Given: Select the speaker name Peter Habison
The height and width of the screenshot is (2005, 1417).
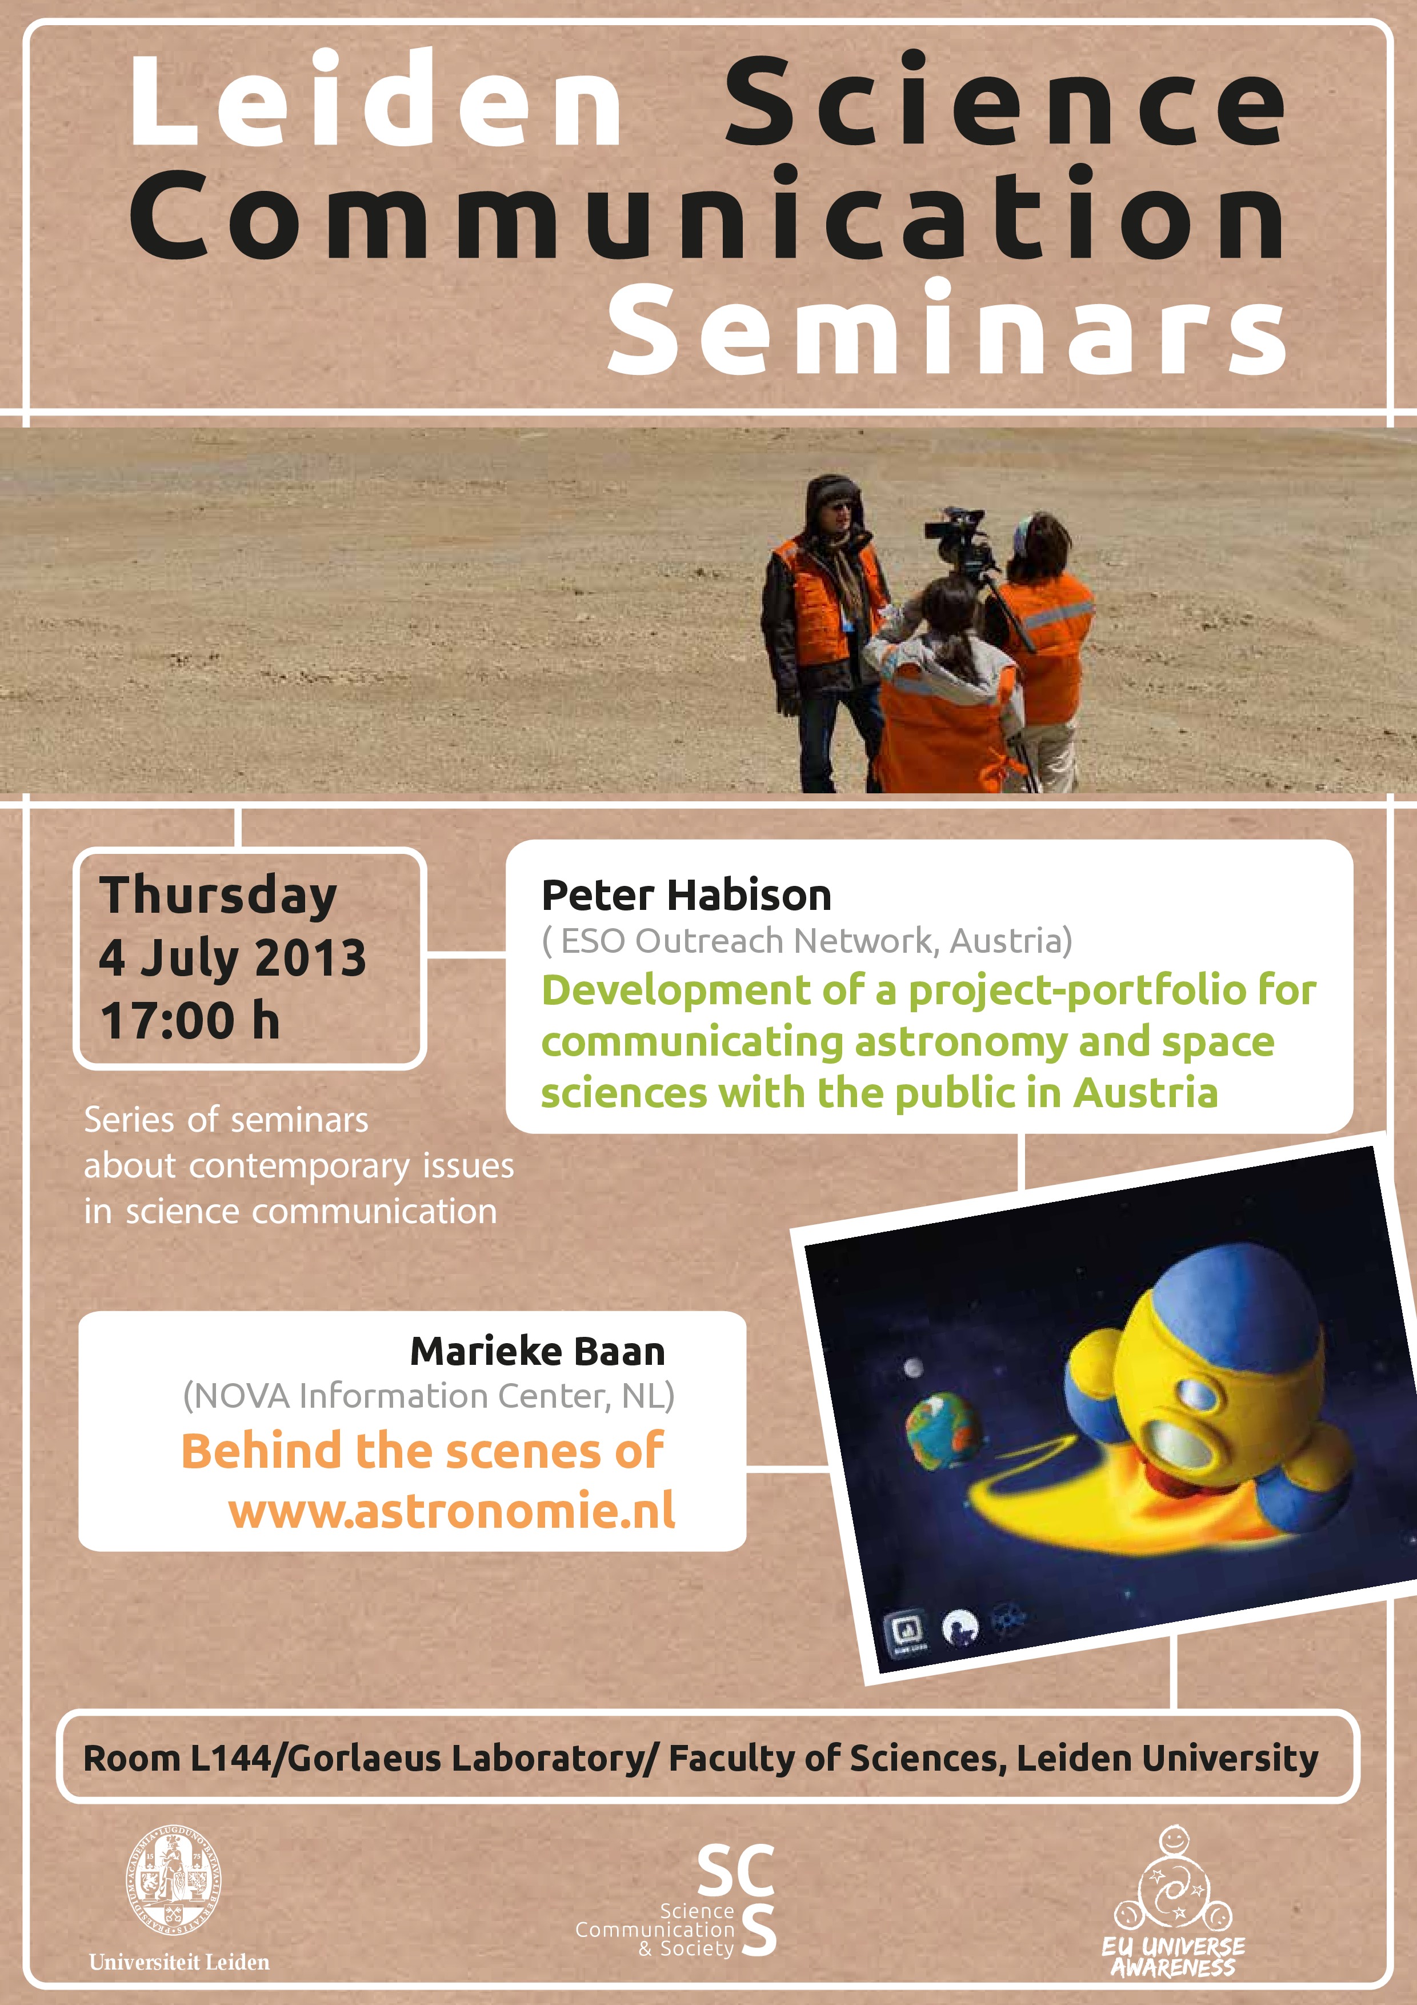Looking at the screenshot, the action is (686, 895).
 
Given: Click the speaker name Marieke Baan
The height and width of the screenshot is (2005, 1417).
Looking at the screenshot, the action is (538, 1351).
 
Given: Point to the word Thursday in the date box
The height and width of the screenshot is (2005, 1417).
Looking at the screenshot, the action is (218, 896).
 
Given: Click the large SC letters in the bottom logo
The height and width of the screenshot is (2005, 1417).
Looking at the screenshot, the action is (736, 1871).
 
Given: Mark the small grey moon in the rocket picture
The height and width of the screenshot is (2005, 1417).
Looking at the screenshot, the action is (913, 1368).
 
